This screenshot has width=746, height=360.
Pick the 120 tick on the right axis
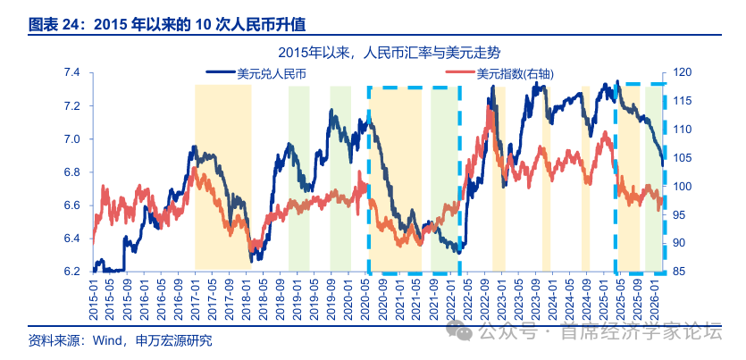pos(681,72)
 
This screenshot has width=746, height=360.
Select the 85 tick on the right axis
pos(678,272)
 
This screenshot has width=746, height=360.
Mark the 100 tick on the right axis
pos(681,187)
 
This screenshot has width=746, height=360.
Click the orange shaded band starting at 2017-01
pos(223,179)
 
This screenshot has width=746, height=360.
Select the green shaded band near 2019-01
pos(298,179)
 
